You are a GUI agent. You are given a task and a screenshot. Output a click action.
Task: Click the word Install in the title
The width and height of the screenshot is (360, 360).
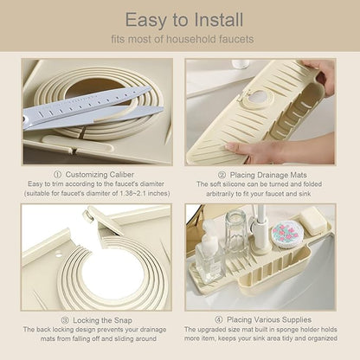point(219,20)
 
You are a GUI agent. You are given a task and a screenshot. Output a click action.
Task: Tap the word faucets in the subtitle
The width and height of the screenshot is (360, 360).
point(236,39)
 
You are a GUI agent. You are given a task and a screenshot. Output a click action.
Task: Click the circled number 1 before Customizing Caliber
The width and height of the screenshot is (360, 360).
point(57,175)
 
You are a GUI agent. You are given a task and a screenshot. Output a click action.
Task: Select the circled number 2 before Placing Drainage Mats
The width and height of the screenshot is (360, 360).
point(222,175)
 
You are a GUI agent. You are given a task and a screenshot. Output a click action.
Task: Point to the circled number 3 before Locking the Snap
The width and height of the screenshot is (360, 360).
point(65,320)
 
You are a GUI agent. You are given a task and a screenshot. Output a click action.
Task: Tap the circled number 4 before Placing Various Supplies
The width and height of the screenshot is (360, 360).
point(219,319)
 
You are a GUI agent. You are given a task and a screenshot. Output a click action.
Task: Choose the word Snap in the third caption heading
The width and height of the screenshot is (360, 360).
point(123,320)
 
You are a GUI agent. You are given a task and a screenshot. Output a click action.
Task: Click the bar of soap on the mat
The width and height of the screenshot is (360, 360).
point(312,221)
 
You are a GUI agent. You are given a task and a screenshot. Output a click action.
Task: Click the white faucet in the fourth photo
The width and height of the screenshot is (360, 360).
point(260,231)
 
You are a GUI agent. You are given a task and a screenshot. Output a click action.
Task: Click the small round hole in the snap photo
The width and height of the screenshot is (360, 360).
point(58,254)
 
